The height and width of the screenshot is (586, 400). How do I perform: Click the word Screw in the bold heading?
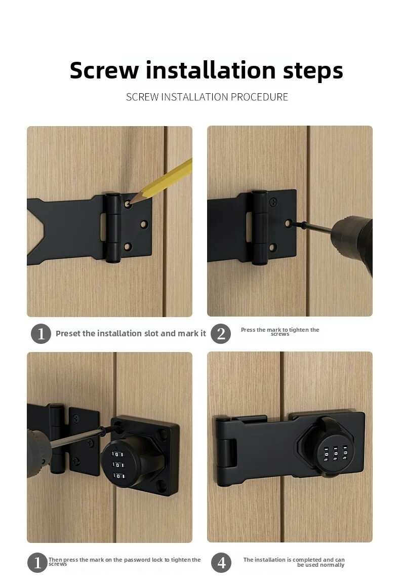104,70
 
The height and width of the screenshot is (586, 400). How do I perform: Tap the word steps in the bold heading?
313,71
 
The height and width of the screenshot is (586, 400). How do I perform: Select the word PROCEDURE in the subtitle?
259,97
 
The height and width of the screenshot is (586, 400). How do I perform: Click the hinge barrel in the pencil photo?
113,227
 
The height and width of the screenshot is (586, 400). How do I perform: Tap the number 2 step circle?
221,333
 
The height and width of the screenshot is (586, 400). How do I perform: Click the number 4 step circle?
221,563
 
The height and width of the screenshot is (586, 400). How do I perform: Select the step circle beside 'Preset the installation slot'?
41,333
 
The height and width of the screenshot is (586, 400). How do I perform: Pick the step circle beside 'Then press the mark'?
37,563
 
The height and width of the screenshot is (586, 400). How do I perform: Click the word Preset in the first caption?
68,333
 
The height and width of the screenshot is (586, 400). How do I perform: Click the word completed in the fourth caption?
307,560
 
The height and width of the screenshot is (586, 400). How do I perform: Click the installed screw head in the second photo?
274,202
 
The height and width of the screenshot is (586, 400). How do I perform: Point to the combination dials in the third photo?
118,465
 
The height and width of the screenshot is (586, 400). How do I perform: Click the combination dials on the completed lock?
335,453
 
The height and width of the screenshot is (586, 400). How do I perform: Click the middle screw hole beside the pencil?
144,224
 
